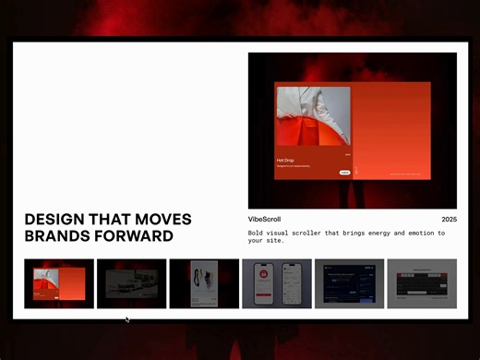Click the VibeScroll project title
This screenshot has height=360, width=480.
tap(265, 220)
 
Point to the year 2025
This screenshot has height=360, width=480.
tap(449, 220)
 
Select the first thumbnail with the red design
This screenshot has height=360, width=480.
tap(59, 283)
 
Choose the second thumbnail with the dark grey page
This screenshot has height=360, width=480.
tap(131, 283)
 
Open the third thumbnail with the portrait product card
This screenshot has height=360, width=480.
tap(204, 283)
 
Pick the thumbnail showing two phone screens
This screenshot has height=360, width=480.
tap(276, 283)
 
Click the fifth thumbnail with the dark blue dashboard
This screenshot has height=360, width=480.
tap(349, 283)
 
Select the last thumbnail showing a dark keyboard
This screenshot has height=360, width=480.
tap(422, 283)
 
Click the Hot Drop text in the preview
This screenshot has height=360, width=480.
tap(285, 160)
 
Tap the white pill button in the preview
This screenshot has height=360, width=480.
tap(344, 172)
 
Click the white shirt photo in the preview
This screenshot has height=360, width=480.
tap(313, 117)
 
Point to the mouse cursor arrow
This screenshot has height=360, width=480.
tap(127, 319)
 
